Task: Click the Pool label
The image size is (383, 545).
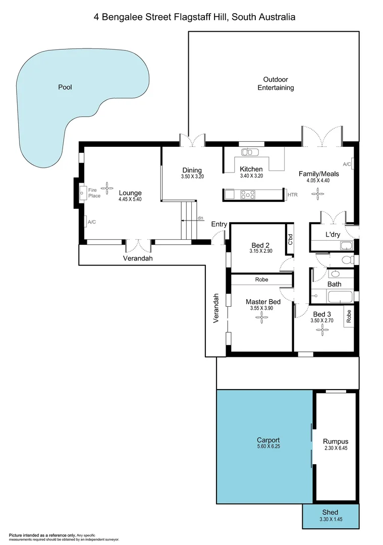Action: tap(65, 87)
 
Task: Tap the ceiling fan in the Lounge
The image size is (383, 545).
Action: tap(107, 185)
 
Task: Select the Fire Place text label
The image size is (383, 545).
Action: tap(94, 193)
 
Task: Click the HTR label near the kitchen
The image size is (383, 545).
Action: tap(292, 195)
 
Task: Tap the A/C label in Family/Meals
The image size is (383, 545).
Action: tap(347, 164)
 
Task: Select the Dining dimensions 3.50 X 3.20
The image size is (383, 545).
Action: tap(191, 177)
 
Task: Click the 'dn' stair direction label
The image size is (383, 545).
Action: tap(200, 218)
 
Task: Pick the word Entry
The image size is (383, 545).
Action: tap(219, 224)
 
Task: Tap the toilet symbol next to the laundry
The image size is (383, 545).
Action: tap(347, 260)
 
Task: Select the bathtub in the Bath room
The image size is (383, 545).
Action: tap(334, 297)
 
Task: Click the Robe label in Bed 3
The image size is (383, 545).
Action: tap(349, 316)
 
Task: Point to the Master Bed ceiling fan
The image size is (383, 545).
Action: tap(261, 316)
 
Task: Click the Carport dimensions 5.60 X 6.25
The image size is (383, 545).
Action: tap(268, 446)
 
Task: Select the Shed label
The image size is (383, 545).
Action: tap(330, 512)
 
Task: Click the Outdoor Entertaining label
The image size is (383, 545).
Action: tap(276, 84)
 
